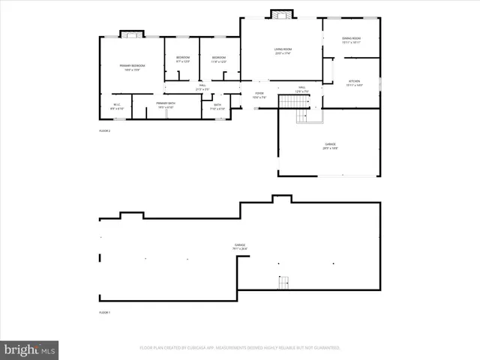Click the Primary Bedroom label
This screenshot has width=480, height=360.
(x=131, y=67)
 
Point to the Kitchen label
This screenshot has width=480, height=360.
(x=355, y=82)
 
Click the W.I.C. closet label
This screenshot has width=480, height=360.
(x=117, y=106)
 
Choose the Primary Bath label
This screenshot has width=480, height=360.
(x=166, y=105)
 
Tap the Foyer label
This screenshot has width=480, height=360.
(x=259, y=95)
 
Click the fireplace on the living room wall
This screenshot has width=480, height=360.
(x=281, y=14)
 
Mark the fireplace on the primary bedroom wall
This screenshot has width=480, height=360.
(x=131, y=34)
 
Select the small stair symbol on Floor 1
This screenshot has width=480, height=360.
(x=283, y=283)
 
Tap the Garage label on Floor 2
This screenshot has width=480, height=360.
(x=330, y=146)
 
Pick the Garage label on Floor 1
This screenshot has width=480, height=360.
(x=240, y=246)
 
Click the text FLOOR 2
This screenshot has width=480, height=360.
(x=105, y=131)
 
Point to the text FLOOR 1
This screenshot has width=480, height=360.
(x=105, y=312)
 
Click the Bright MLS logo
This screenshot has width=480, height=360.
(x=30, y=349)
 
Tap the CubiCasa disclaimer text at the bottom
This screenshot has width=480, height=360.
(x=240, y=348)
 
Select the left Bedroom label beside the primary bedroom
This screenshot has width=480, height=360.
(x=183, y=59)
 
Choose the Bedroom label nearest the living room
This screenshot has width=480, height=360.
(x=219, y=59)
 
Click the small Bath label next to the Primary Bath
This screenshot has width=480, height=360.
(x=217, y=106)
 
